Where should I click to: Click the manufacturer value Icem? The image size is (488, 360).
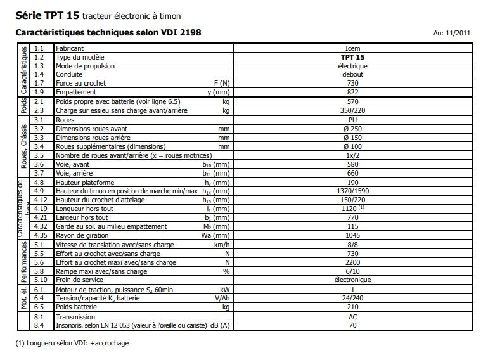click(x=355, y=48)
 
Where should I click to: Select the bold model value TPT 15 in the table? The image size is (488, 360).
click(x=355, y=56)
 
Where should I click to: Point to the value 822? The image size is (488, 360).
click(x=355, y=92)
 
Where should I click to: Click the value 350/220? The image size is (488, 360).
click(x=355, y=110)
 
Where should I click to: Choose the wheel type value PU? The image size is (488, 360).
click(x=355, y=119)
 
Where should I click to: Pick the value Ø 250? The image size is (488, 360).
click(x=355, y=128)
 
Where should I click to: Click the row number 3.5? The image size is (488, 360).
click(x=39, y=155)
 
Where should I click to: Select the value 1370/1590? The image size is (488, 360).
click(x=355, y=190)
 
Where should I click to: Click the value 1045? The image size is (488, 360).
click(x=355, y=235)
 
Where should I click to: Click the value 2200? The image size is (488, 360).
click(x=355, y=262)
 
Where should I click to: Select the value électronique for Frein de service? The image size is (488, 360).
click(x=355, y=280)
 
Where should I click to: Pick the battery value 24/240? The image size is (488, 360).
click(x=355, y=297)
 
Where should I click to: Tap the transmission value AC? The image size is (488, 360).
click(x=355, y=316)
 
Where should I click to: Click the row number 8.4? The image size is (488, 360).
click(x=39, y=325)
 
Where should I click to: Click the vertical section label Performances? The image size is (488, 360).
click(x=23, y=262)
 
